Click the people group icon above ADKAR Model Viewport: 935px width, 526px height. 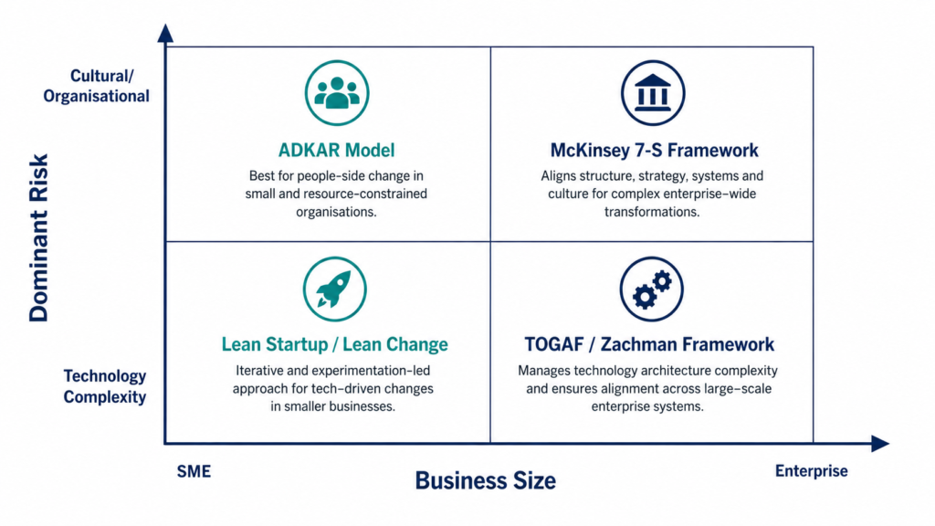click(x=337, y=93)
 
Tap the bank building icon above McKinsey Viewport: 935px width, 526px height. click(x=653, y=93)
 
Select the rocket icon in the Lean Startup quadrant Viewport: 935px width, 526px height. click(x=334, y=289)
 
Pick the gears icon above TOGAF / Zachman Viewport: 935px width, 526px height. click(x=651, y=289)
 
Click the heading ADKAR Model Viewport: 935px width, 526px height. click(x=336, y=150)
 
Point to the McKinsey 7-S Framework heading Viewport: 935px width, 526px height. click(x=654, y=150)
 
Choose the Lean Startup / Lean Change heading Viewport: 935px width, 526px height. click(x=334, y=344)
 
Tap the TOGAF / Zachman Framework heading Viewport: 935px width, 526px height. click(x=649, y=344)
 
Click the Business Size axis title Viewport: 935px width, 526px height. click(x=486, y=480)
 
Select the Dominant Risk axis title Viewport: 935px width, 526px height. click(x=38, y=238)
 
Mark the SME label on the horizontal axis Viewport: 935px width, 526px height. click(x=194, y=471)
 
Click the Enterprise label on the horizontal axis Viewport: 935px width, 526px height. click(x=812, y=471)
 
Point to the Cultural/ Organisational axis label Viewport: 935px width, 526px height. click(x=96, y=86)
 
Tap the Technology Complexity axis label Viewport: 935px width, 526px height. click(x=105, y=386)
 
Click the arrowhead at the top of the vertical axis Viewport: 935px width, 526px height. click(x=166, y=34)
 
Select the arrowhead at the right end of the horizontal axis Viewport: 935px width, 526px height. click(x=880, y=443)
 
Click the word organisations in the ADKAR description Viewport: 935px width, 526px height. click(x=336, y=212)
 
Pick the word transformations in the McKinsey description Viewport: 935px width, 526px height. click(x=652, y=212)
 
